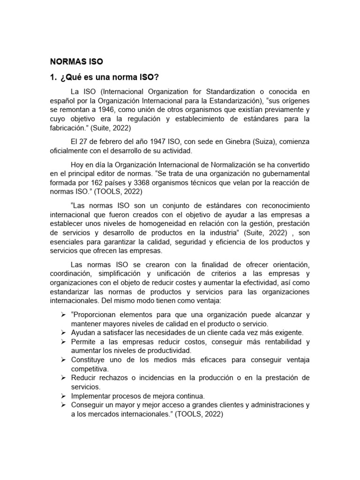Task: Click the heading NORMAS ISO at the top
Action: click(x=76, y=61)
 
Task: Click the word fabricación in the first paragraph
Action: click(x=70, y=128)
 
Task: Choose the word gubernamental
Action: click(x=285, y=173)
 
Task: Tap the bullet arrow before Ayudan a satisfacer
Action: click(x=63, y=332)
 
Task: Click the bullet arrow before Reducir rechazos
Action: click(x=63, y=377)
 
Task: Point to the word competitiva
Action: click(x=90, y=368)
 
